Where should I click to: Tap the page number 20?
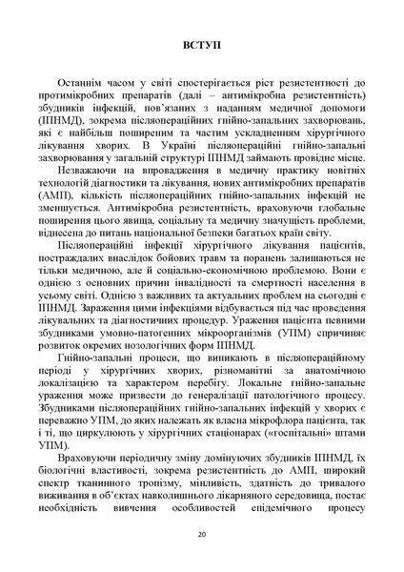pos(202,534)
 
